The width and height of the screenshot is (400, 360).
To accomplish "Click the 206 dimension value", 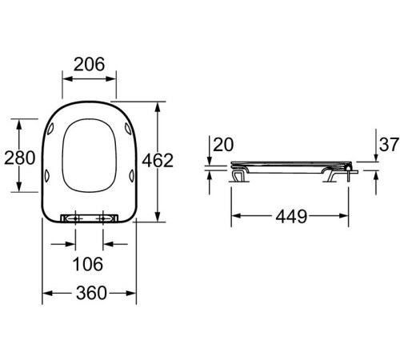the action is tap(89, 65).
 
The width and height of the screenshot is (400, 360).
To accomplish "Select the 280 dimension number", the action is tap(20, 158).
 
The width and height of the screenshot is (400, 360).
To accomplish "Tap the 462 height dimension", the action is tap(158, 161).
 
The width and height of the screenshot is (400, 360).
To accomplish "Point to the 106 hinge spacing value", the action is tap(88, 264).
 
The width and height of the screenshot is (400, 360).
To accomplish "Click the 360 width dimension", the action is tap(91, 293).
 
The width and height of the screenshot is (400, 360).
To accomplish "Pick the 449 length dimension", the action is tap(291, 216).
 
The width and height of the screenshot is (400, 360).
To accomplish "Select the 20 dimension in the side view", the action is tap(223, 145).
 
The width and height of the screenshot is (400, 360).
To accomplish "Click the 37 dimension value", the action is tap(389, 145).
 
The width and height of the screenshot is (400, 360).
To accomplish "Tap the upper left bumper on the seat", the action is tap(50, 128).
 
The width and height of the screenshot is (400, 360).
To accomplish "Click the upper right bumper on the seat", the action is tap(128, 128).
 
